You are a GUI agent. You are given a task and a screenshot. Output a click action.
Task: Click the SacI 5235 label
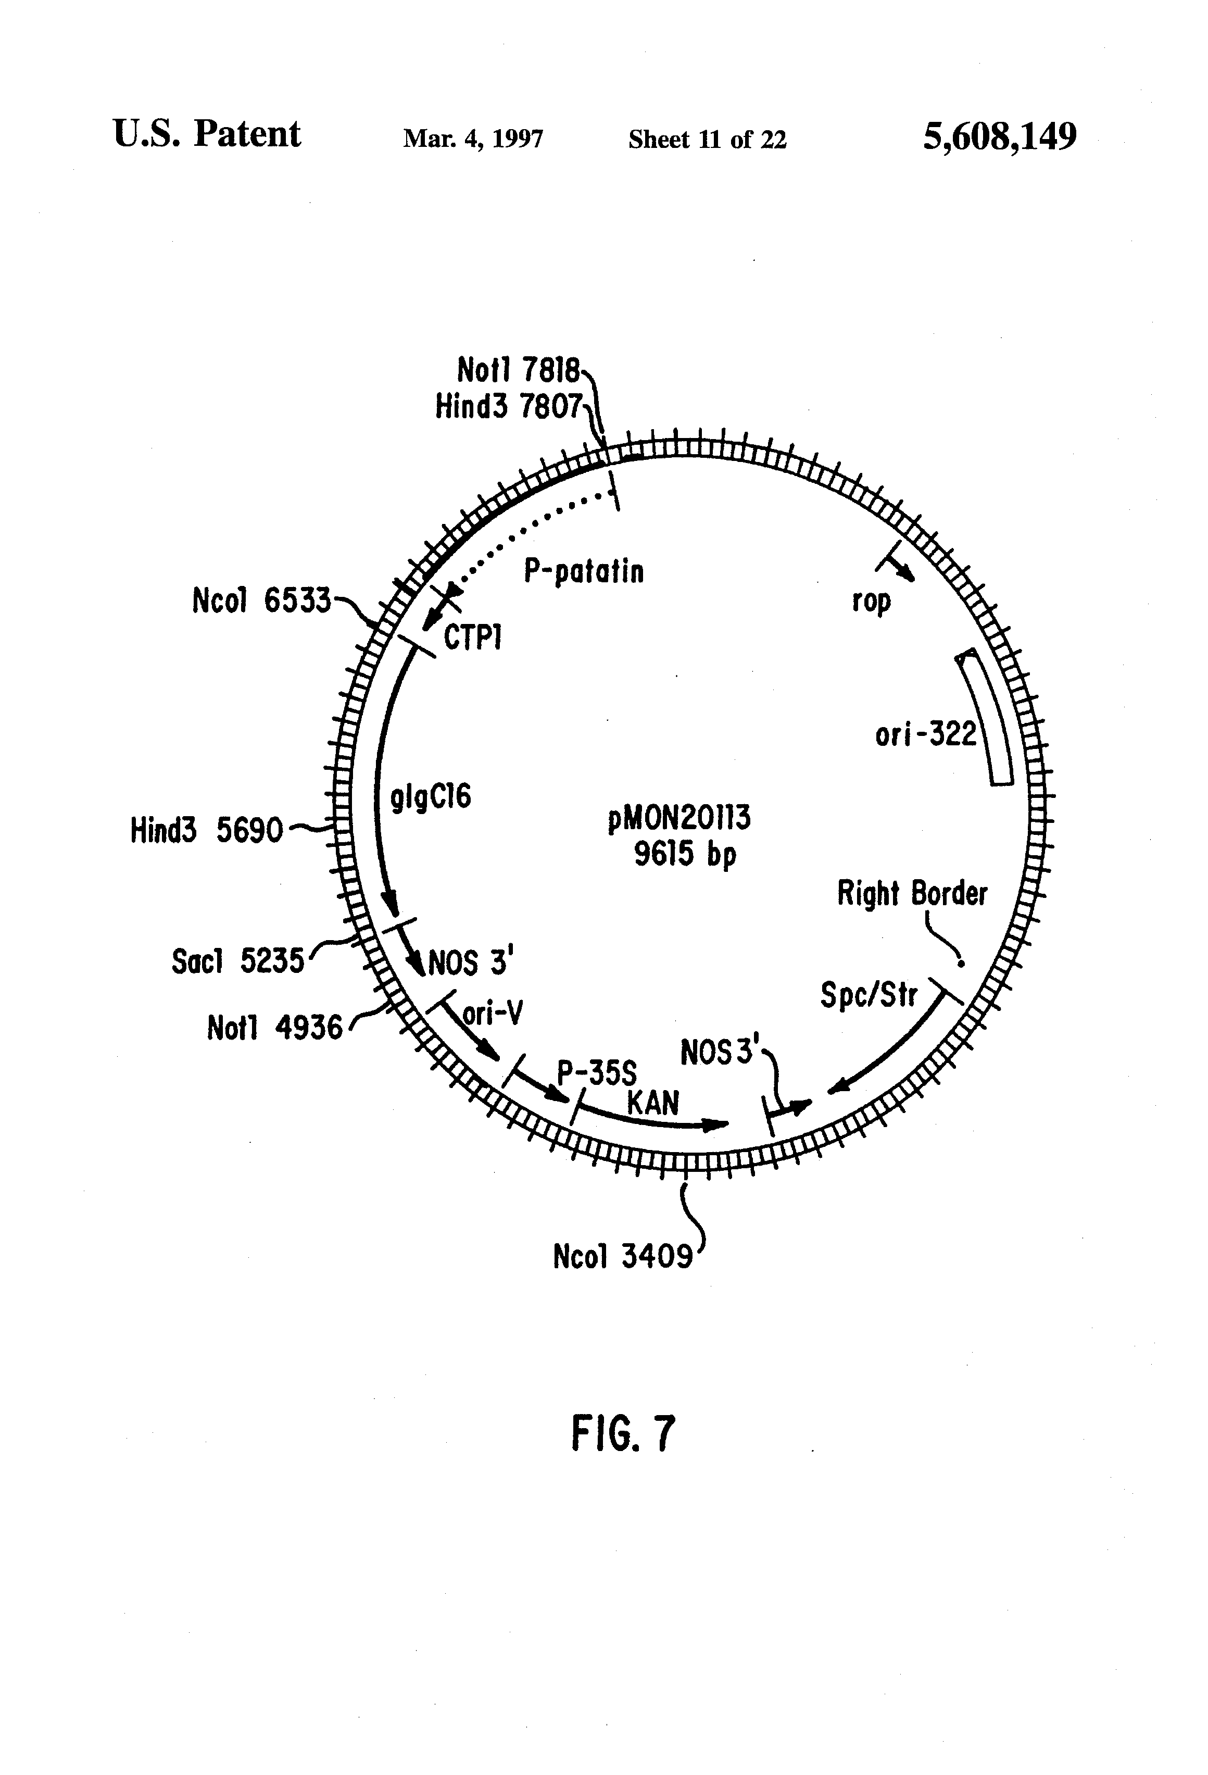click(237, 961)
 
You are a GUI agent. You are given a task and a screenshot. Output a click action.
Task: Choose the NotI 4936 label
click(275, 1028)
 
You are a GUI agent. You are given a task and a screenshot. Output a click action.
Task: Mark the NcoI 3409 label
click(622, 1256)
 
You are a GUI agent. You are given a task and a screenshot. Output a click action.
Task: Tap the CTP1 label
click(473, 637)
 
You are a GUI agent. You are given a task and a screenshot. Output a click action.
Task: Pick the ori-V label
click(493, 1014)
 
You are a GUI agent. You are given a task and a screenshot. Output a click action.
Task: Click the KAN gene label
click(653, 1103)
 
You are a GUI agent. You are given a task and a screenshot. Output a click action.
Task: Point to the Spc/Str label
click(868, 995)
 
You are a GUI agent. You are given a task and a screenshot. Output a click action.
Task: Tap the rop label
click(871, 601)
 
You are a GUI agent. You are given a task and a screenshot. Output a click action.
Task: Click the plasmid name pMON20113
click(679, 818)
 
